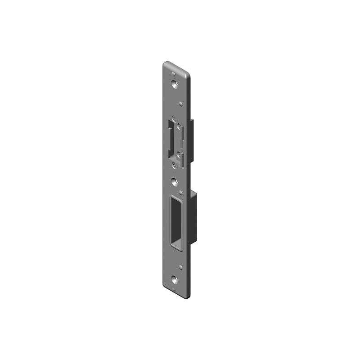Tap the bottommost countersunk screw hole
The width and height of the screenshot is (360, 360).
click(x=175, y=280)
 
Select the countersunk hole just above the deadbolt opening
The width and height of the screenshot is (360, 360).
click(x=175, y=183)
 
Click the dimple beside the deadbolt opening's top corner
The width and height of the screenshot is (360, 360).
click(x=181, y=193)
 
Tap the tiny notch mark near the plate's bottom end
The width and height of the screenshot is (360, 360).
click(x=174, y=289)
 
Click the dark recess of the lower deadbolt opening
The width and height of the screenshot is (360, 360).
click(x=175, y=220)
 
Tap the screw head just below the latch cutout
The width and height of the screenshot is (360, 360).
click(x=174, y=166)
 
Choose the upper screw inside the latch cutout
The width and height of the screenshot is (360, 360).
click(x=179, y=126)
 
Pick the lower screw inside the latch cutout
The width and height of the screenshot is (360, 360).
click(x=179, y=155)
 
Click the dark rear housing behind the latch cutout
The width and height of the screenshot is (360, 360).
click(x=191, y=139)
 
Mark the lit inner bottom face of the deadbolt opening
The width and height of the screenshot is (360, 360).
click(x=177, y=245)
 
